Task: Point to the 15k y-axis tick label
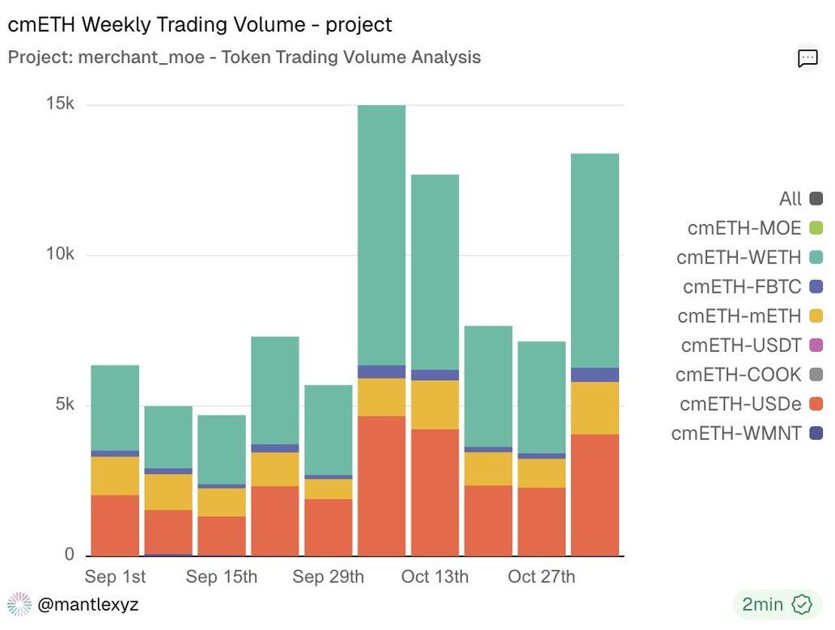tap(58, 104)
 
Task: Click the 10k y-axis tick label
tap(58, 255)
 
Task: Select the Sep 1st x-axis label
tap(115, 577)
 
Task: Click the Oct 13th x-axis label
tap(434, 577)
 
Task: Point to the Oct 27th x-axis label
tap(541, 577)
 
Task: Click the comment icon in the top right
tap(807, 57)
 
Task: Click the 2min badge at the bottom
tap(773, 604)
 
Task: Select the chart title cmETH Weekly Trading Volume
tap(200, 24)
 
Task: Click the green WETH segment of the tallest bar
tap(381, 235)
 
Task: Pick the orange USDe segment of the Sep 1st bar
tap(115, 526)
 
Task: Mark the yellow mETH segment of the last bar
tap(596, 408)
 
